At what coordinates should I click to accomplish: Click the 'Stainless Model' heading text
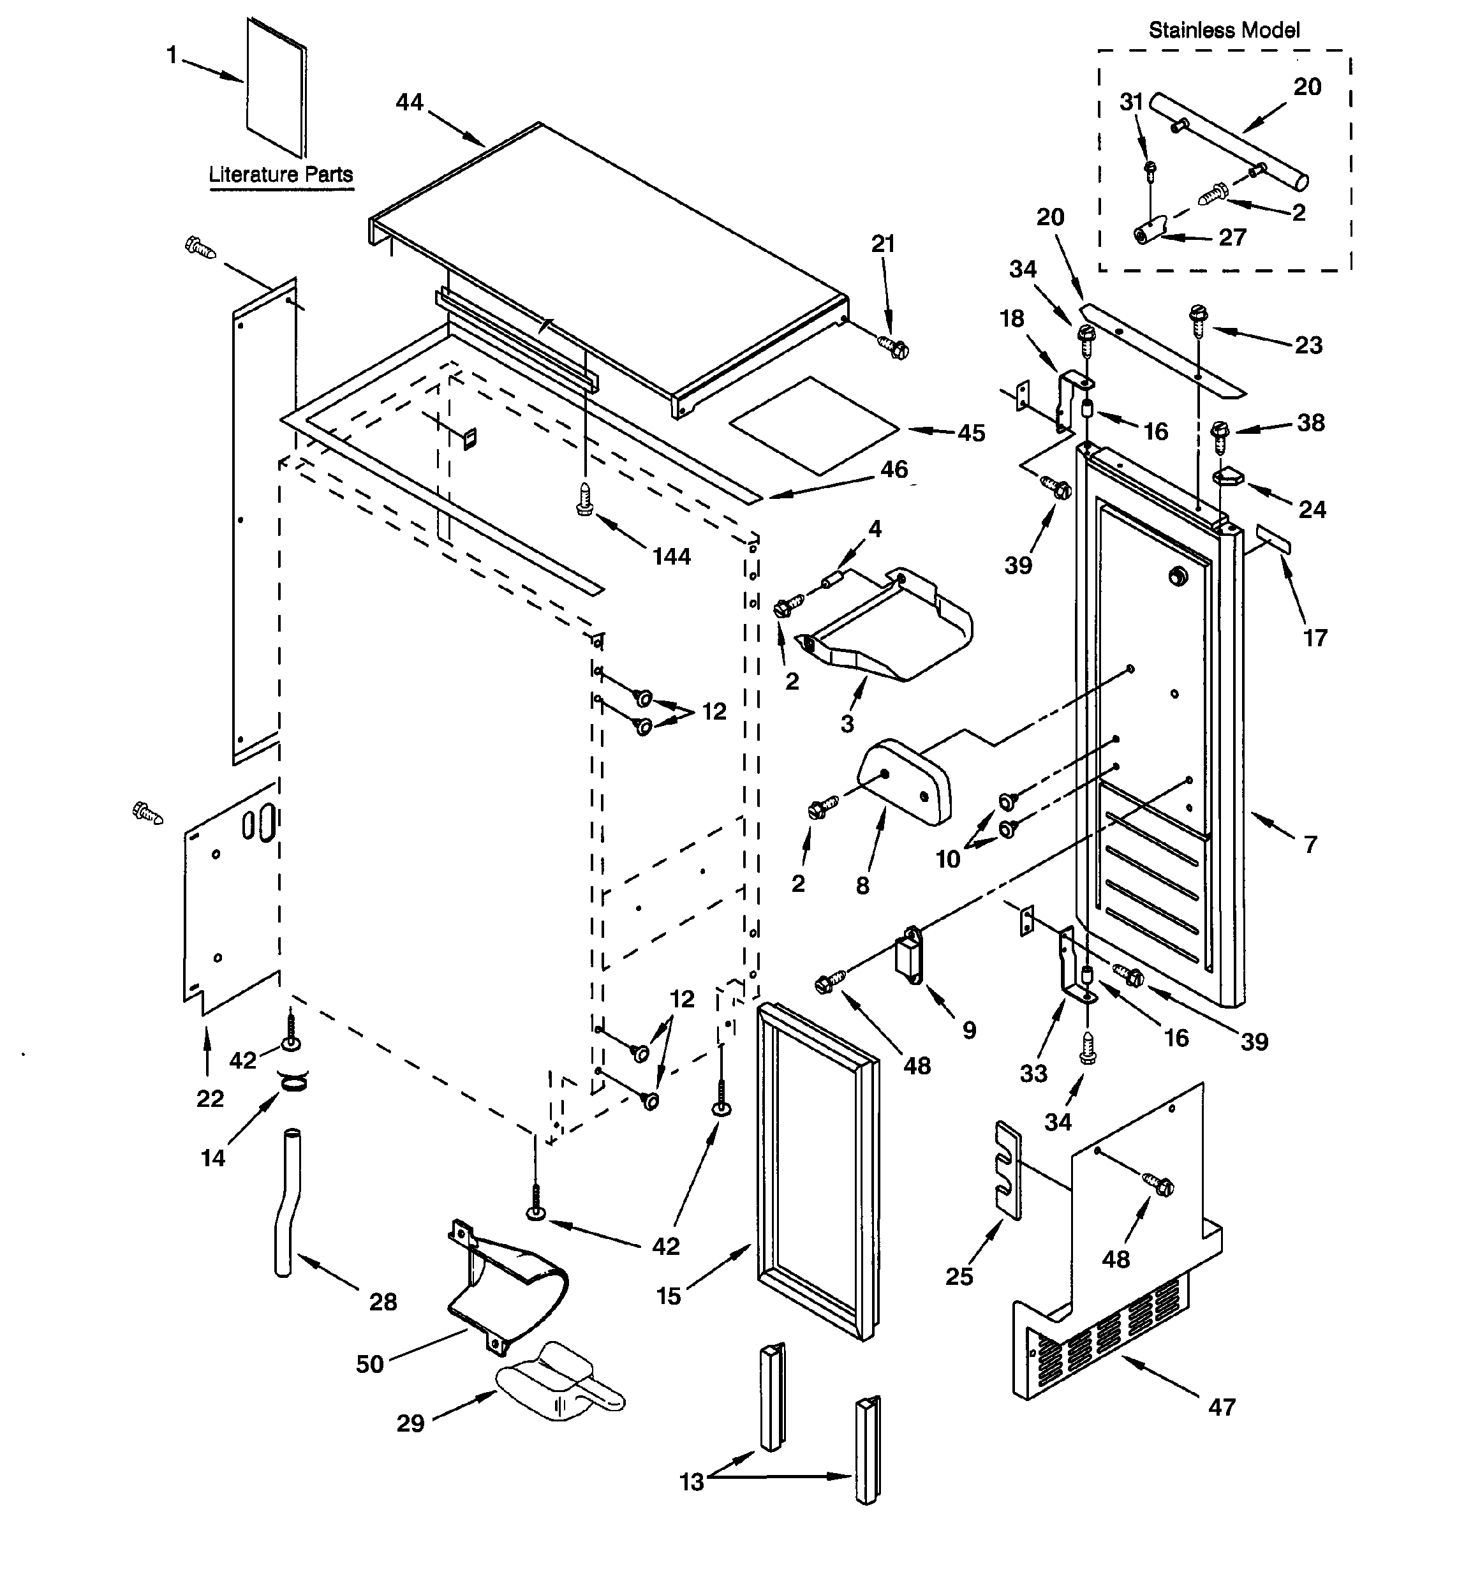[x=1224, y=30]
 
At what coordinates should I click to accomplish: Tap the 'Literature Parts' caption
[x=281, y=174]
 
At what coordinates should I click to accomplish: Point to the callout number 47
[x=1222, y=1407]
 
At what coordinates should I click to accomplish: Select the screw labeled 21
[x=894, y=346]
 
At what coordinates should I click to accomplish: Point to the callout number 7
[x=1310, y=843]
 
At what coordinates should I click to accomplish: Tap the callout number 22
[x=210, y=1099]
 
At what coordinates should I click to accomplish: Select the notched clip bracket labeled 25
[x=1007, y=1170]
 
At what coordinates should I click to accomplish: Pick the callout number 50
[x=369, y=1364]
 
